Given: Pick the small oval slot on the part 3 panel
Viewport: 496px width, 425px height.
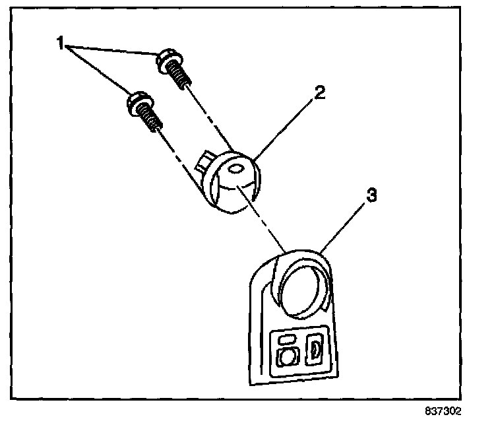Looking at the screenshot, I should coord(288,338).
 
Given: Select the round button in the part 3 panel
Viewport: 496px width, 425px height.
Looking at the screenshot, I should coord(288,358).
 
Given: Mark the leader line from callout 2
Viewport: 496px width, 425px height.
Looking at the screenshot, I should coord(285,127).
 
